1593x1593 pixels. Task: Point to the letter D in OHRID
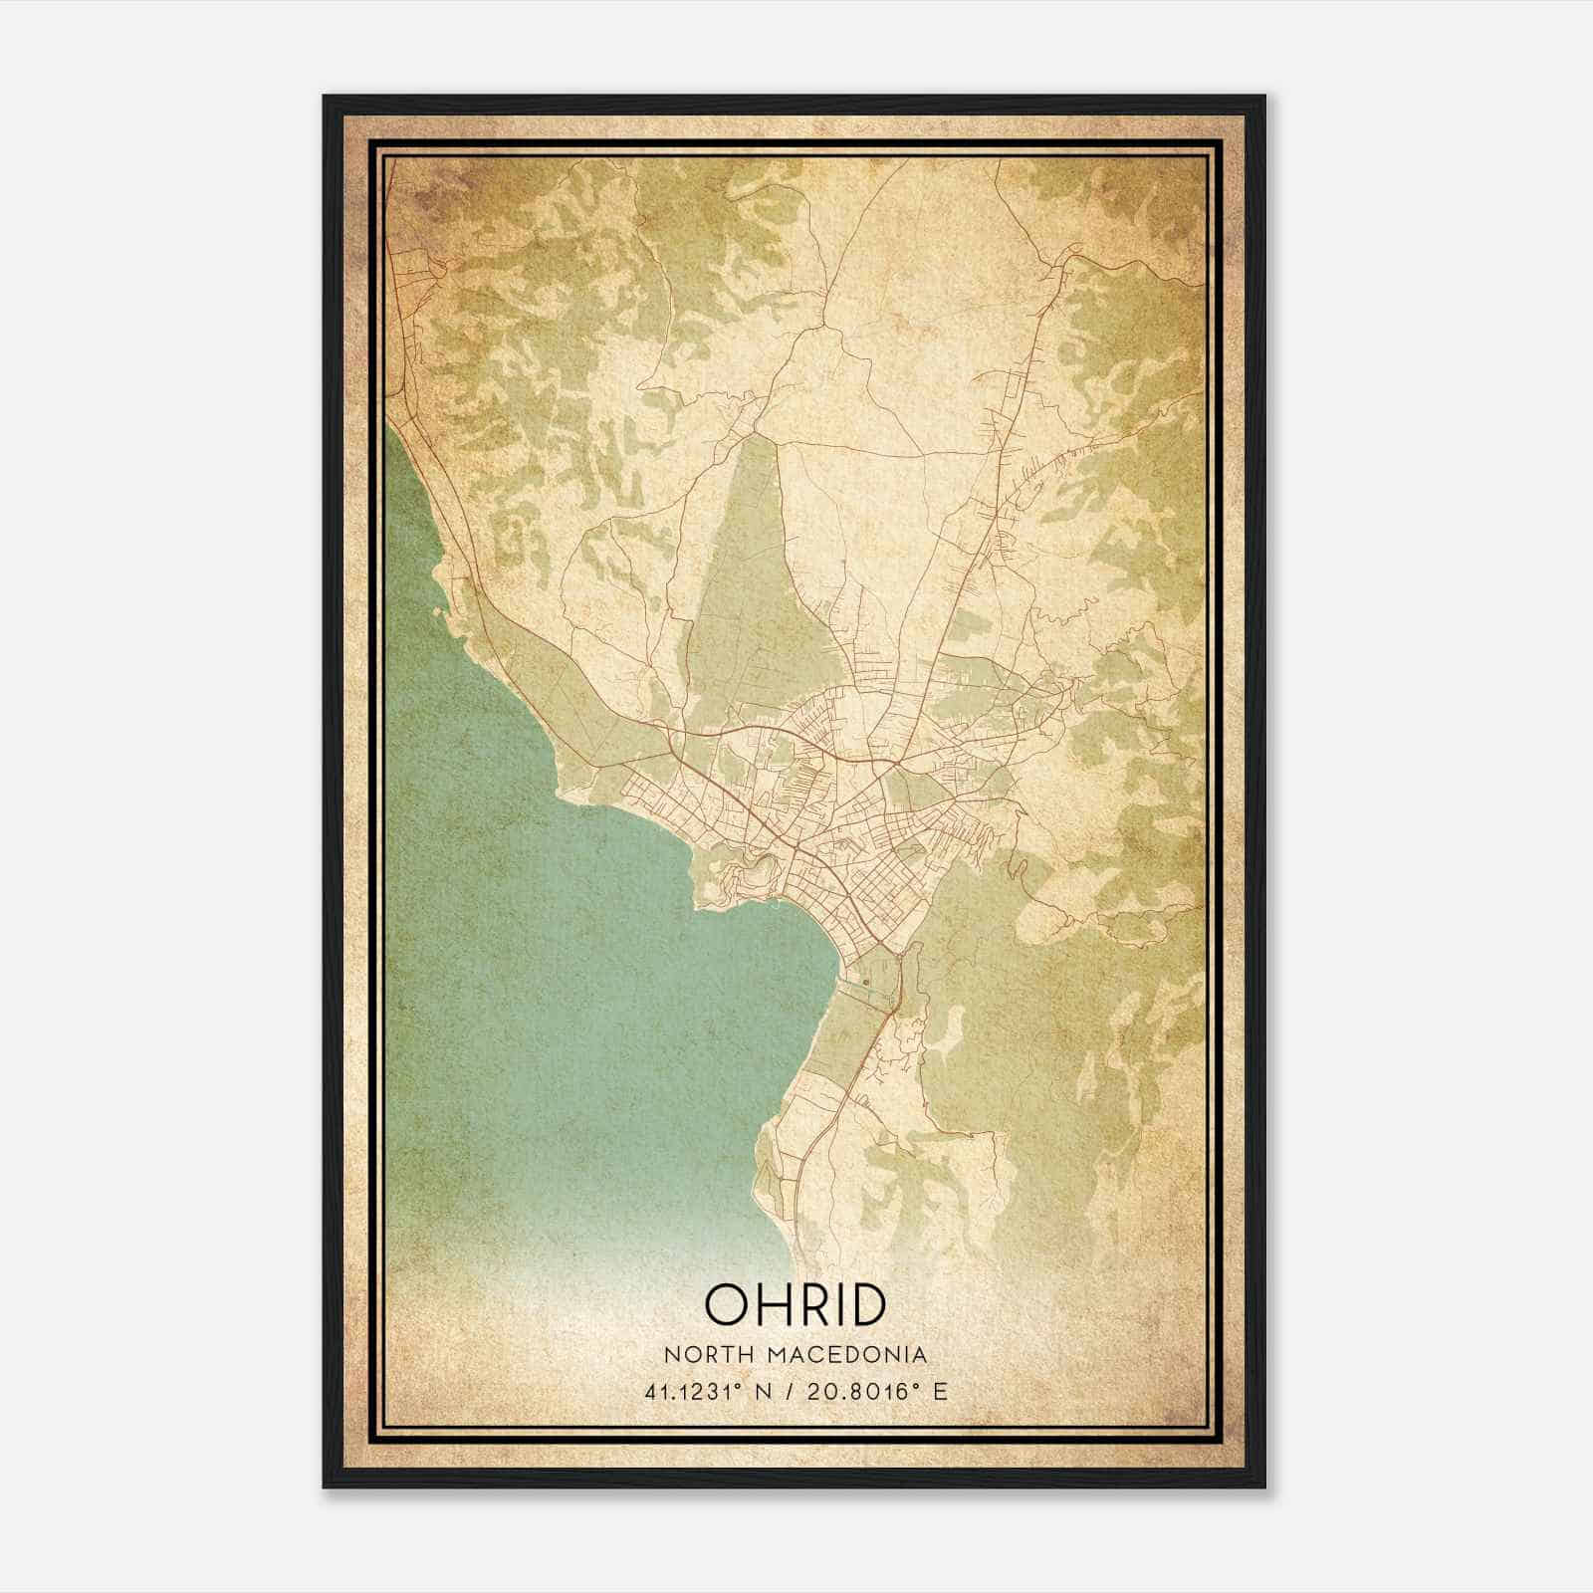865,1304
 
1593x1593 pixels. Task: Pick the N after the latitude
765,1391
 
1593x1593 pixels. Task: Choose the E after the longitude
941,1391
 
